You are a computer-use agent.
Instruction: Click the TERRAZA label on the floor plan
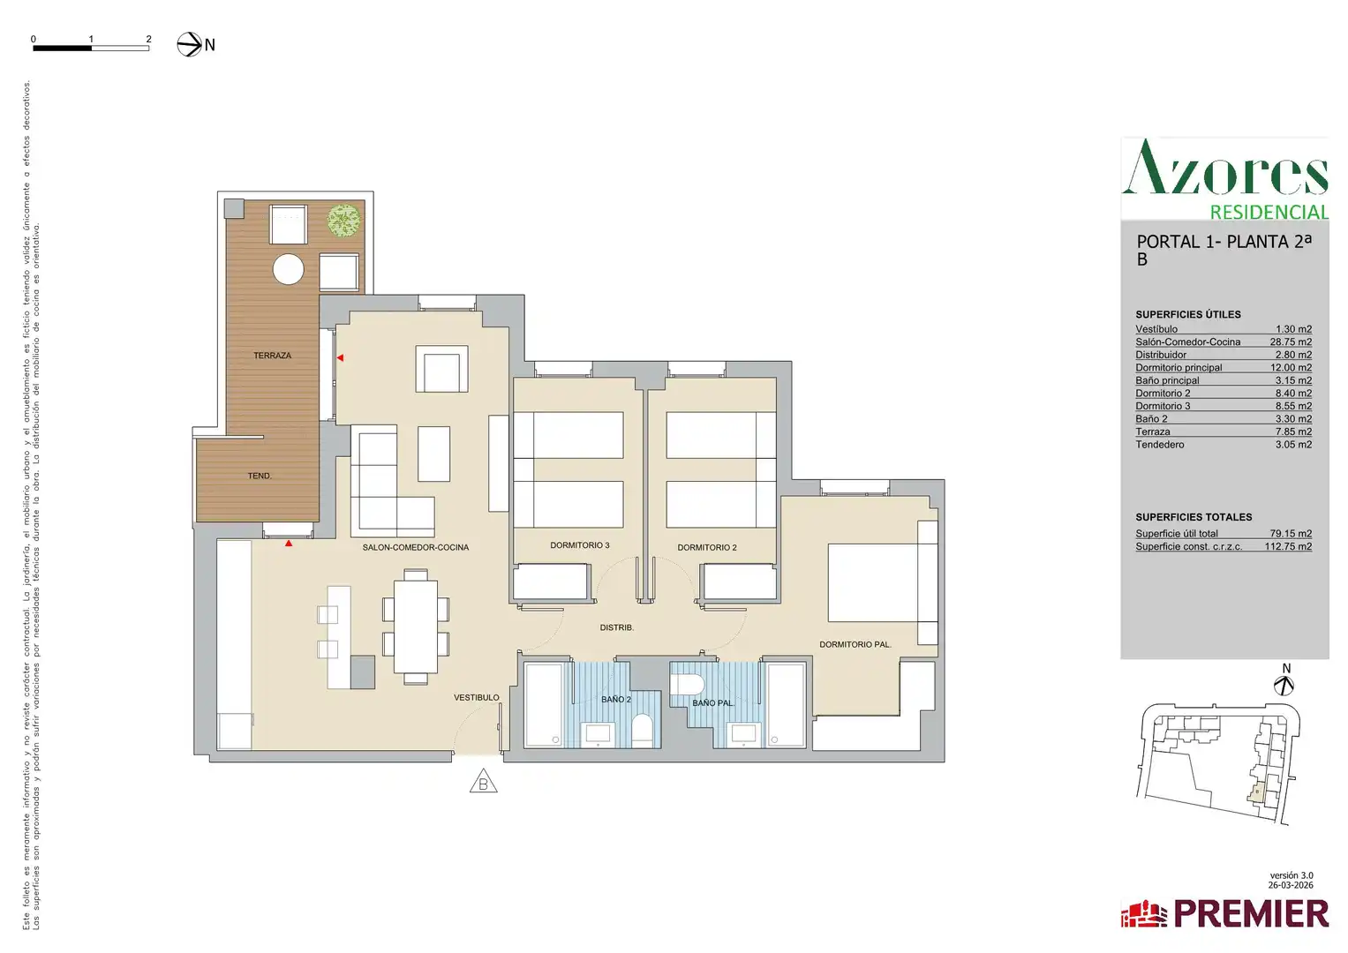[272, 356]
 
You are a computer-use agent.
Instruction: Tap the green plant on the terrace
[343, 221]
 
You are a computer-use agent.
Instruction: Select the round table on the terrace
[289, 269]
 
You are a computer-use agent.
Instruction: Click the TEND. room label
[260, 476]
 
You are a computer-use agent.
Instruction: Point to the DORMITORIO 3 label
[579, 545]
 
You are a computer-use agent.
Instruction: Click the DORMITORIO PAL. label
[855, 644]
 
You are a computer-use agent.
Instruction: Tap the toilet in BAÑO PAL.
[687, 684]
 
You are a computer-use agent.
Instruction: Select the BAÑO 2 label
[615, 699]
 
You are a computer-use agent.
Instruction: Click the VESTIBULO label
[476, 697]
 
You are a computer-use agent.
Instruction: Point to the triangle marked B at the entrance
[483, 782]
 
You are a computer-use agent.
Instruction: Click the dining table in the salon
[415, 627]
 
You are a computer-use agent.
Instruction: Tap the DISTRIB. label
[617, 627]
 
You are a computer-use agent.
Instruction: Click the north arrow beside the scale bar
[189, 44]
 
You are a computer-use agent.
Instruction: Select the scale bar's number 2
[148, 39]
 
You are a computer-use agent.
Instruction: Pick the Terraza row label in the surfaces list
[1152, 431]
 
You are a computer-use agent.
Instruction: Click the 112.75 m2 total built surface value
[1288, 546]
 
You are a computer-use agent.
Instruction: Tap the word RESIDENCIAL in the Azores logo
[1269, 213]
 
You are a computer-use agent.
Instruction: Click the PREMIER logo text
[1251, 914]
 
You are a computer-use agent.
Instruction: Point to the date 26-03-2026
[1291, 885]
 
